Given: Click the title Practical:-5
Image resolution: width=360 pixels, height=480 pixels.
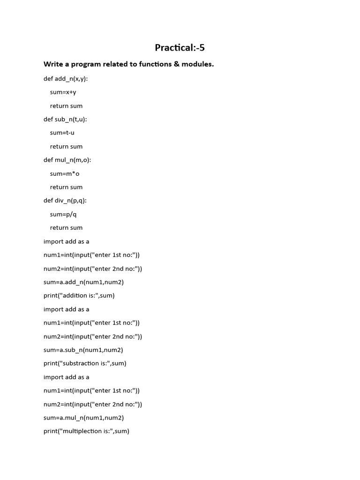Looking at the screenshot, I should point(180,47).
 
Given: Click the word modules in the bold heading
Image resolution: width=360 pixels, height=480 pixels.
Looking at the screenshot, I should point(197,64).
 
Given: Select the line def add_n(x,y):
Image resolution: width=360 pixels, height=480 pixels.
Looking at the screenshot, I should point(66,79).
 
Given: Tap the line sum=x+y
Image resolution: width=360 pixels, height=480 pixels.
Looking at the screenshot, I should point(63,92).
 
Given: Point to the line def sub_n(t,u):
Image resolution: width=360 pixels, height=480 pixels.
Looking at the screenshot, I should point(65,120).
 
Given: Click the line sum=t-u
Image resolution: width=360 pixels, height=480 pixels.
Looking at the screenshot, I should point(62,133).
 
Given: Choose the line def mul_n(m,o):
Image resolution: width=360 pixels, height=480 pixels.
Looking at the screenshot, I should point(67,160).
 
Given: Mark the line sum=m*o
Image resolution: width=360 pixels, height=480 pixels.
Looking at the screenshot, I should point(65,174).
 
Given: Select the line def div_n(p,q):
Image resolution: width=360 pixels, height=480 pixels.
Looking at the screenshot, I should point(65,201).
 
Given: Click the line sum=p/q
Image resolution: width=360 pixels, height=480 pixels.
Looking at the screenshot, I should point(63,214).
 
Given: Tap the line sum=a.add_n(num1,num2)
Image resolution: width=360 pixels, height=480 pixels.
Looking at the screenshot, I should point(83,282).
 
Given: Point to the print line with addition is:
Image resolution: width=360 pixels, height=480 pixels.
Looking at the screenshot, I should point(79,296).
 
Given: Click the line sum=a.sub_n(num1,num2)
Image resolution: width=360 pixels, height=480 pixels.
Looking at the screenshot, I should point(83,350).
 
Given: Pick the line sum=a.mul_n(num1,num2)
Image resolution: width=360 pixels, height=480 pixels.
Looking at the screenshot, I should point(84,418).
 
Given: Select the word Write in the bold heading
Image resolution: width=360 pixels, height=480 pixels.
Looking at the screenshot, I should point(53,64).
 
